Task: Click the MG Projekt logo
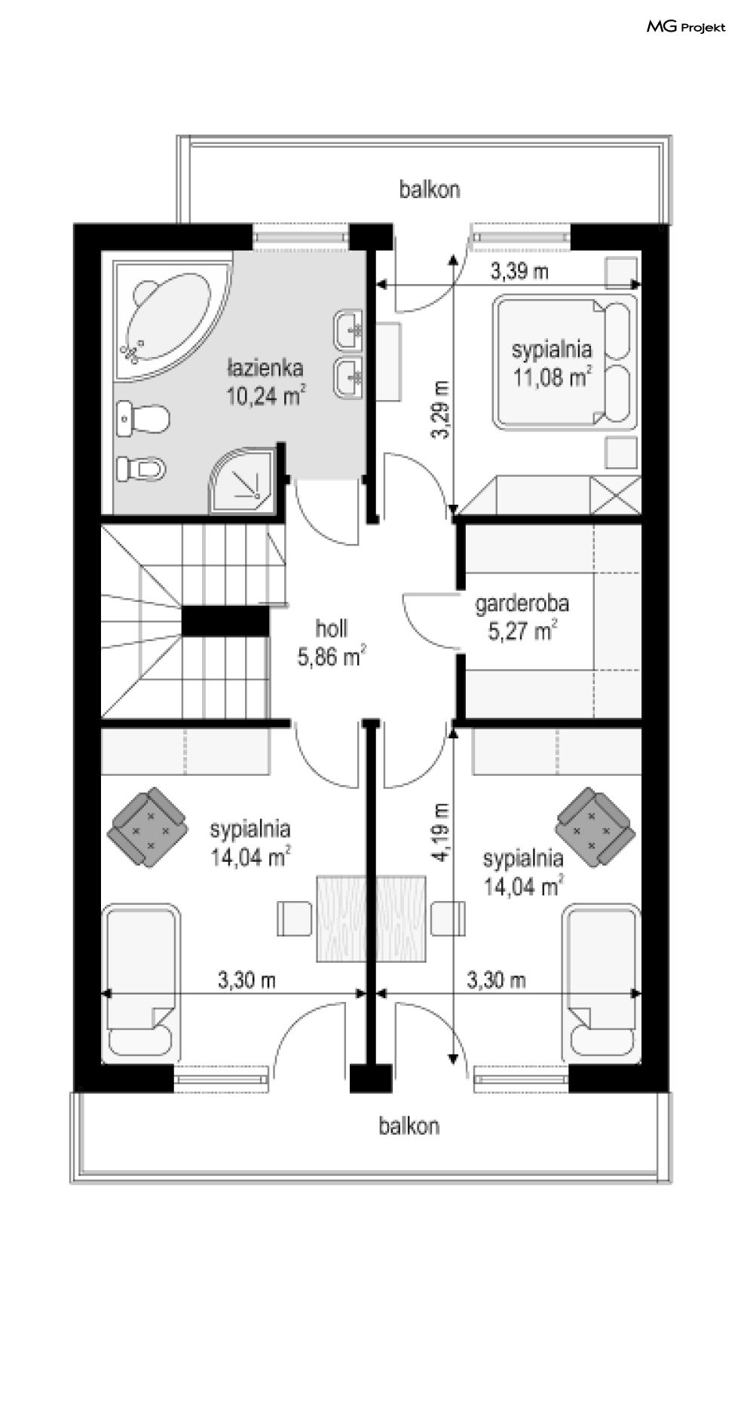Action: [x=686, y=27]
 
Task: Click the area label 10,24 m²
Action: [x=266, y=396]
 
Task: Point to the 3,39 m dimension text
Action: [x=519, y=271]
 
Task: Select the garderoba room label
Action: [x=522, y=603]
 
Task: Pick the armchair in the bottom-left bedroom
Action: [x=148, y=827]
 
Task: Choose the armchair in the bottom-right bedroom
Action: [x=595, y=827]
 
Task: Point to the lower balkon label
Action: [x=409, y=1126]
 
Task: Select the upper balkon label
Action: [x=430, y=189]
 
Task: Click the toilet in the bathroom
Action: [x=142, y=418]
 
